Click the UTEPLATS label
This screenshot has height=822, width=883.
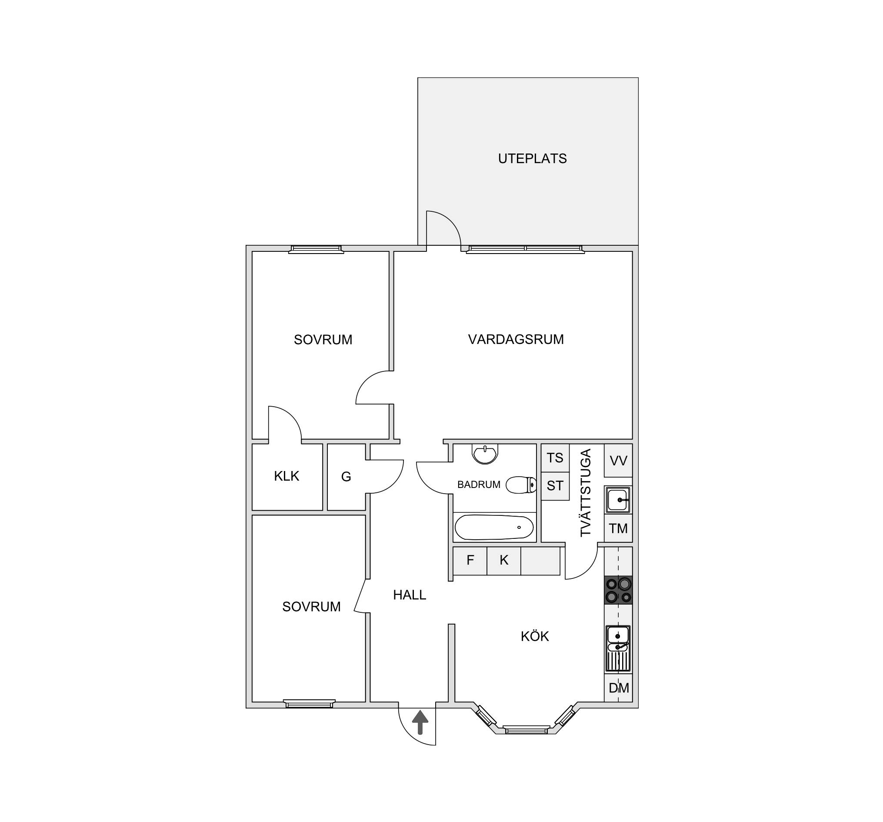point(532,159)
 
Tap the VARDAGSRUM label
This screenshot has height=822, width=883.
point(516,340)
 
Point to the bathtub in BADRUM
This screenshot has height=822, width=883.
point(494,528)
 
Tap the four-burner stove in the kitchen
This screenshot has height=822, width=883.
point(618,590)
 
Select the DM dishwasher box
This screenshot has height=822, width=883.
point(618,688)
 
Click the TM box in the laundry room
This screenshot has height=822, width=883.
point(618,529)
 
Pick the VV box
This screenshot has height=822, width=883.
point(618,460)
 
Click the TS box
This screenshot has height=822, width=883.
point(555,458)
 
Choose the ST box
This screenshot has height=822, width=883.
point(555,486)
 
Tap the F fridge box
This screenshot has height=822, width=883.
point(470,561)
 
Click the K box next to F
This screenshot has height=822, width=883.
point(504,561)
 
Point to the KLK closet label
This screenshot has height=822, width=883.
point(287,476)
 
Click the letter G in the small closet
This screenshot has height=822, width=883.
point(346,477)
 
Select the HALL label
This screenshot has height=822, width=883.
point(410,595)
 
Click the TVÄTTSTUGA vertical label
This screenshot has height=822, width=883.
point(586,493)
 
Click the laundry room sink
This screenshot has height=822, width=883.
point(618,500)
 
